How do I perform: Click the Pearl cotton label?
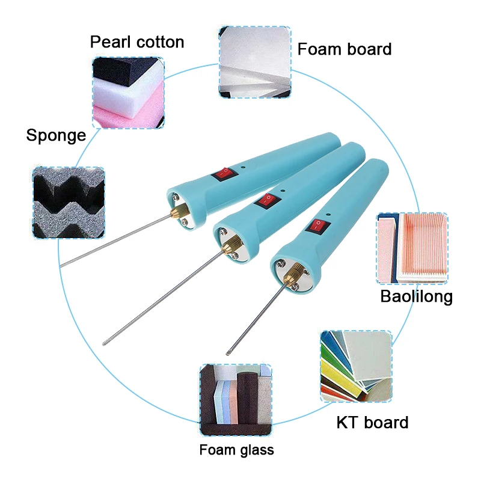click(x=137, y=41)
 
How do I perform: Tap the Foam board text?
click(x=345, y=49)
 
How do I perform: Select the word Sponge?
click(x=56, y=135)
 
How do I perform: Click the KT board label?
click(x=372, y=422)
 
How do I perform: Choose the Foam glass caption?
click(x=236, y=450)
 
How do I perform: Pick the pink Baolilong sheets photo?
click(x=412, y=248)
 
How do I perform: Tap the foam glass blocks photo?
click(x=235, y=400)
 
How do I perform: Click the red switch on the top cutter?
click(x=222, y=174)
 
